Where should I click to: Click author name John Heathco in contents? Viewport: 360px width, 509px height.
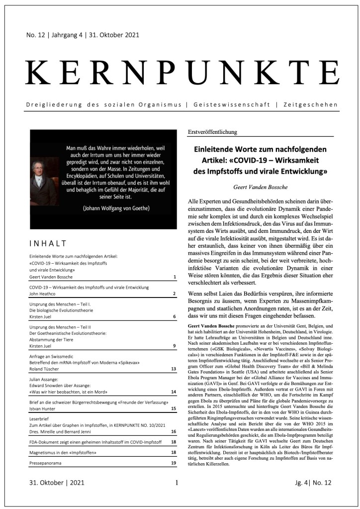(x=46, y=294)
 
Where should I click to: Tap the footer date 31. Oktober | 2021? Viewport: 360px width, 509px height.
(x=57, y=482)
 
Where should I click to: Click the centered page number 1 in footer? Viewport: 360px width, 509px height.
(x=177, y=482)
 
